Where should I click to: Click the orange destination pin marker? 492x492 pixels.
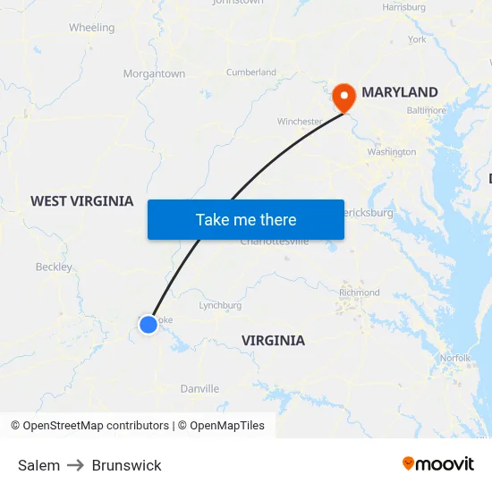click(344, 97)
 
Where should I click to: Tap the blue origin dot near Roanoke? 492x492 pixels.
click(148, 325)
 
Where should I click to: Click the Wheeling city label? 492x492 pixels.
click(91, 28)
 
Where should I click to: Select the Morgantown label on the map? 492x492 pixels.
click(154, 74)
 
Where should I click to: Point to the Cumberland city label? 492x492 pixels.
click(250, 72)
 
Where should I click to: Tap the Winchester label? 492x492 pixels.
click(299, 122)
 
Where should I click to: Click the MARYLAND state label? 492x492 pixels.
click(399, 92)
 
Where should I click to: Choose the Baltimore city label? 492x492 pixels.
click(426, 111)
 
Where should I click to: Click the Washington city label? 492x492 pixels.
click(391, 152)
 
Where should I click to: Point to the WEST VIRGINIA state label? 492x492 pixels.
click(82, 201)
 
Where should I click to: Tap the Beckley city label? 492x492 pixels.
click(54, 267)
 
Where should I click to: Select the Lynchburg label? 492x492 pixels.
click(220, 305)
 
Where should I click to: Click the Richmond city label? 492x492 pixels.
click(359, 293)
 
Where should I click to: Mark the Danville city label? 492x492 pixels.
click(199, 389)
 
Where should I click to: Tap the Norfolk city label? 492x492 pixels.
click(454, 358)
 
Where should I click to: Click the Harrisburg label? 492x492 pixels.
click(403, 7)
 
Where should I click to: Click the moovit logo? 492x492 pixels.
click(438, 463)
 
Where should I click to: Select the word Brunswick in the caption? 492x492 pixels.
click(127, 465)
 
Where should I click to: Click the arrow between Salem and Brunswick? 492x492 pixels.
click(76, 465)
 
